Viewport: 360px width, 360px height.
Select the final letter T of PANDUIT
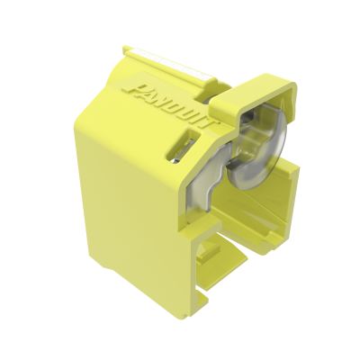(x=200, y=124)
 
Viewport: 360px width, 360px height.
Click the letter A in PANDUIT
(x=149, y=92)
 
